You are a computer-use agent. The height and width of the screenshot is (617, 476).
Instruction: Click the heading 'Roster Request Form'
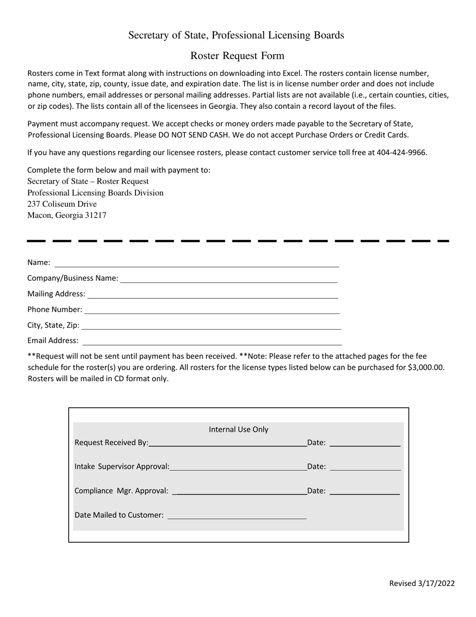point(237,56)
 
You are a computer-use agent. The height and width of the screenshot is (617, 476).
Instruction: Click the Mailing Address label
point(56,294)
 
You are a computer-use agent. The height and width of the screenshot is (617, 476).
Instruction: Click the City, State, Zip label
point(53,326)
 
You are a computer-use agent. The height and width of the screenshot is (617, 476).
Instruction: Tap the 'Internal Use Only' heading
point(239,429)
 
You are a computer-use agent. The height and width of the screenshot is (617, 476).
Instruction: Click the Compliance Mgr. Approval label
point(121,491)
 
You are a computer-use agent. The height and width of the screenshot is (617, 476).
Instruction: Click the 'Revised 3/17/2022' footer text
point(422,583)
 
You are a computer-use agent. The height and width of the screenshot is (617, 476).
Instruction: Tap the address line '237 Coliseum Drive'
point(62,204)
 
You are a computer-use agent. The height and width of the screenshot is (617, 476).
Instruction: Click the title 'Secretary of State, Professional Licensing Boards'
point(236,35)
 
